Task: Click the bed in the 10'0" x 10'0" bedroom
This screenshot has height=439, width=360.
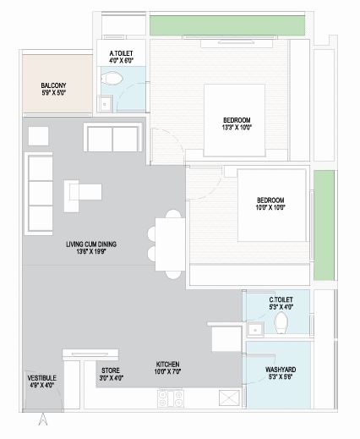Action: tap(270, 203)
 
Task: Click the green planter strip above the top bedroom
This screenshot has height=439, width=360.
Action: tap(226, 25)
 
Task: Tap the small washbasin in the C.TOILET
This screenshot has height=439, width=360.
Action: tap(254, 327)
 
